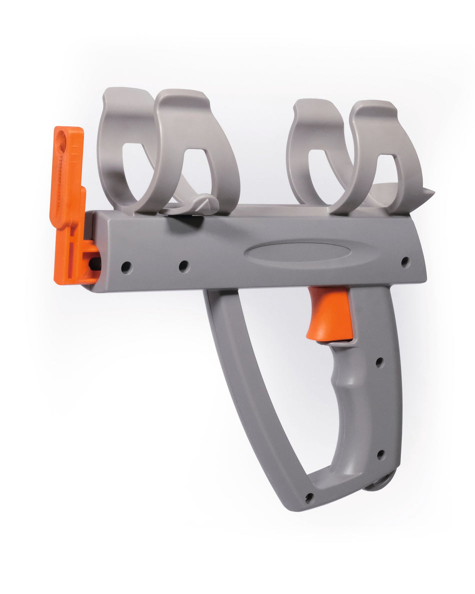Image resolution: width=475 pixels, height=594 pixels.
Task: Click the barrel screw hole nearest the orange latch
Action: pyautogui.click(x=126, y=267)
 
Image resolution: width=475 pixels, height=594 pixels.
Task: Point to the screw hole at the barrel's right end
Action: pyautogui.click(x=405, y=261)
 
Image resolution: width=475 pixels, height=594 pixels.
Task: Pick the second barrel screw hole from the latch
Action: pyautogui.click(x=184, y=266)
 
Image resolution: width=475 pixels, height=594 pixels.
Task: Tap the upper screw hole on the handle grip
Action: pyautogui.click(x=379, y=361)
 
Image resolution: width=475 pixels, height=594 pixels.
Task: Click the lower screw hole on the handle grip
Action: pyautogui.click(x=380, y=454)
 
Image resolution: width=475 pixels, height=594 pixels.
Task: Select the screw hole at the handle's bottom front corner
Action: pyautogui.click(x=309, y=497)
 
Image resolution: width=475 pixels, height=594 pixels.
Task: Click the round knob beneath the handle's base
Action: pyautogui.click(x=382, y=481)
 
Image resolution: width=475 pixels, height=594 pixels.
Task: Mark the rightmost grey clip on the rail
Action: pyautogui.click(x=395, y=155)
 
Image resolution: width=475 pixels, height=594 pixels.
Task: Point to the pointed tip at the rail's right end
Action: pyautogui.click(x=428, y=192)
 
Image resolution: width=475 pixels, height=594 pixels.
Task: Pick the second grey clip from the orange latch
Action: pyautogui.click(x=200, y=150)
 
